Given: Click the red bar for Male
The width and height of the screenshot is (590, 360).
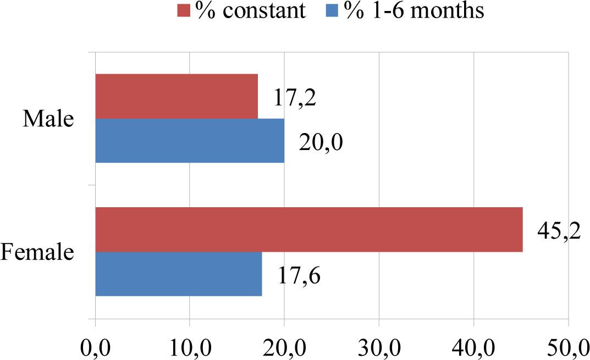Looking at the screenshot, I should [177, 96].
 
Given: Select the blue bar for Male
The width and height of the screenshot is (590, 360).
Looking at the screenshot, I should [190, 141].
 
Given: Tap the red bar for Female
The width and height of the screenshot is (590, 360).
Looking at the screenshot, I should [308, 229].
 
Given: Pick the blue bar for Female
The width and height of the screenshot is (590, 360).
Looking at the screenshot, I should [179, 274].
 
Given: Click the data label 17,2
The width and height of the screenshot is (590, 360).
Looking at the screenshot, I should [295, 97].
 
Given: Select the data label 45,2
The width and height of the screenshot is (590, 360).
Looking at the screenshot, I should [559, 229].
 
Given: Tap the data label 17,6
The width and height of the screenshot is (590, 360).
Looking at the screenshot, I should [299, 275].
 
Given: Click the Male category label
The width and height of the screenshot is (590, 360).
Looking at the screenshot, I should [48, 119].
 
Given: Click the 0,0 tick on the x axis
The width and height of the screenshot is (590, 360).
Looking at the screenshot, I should [96, 347].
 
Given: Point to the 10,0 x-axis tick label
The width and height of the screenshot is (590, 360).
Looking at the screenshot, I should [190, 347].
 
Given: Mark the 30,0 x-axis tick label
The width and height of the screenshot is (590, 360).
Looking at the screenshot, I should [379, 347].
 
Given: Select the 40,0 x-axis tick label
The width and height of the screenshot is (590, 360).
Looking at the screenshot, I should [473, 347].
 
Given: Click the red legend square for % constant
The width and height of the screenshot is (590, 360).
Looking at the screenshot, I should [183, 10].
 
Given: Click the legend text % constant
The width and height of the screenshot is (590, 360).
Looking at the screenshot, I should [247, 10].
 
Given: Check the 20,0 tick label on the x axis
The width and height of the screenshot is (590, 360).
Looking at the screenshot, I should [284, 347].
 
